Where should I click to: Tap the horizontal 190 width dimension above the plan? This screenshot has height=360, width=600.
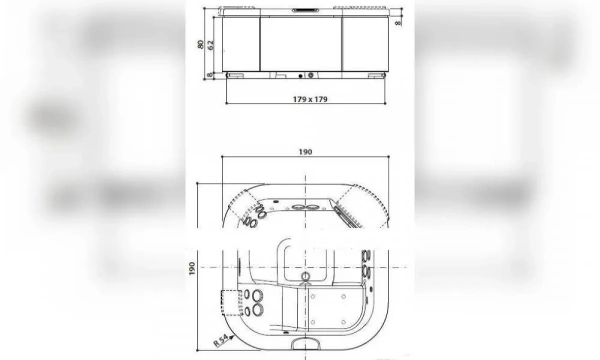(x=305, y=152)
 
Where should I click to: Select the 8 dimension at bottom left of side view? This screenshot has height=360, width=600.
(x=210, y=75)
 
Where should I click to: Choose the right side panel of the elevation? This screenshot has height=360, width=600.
(x=361, y=43)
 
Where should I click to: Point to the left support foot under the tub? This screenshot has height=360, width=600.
(x=234, y=75)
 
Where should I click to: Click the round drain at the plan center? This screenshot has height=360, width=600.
(x=303, y=272)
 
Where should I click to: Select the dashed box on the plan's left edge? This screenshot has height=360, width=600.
(x=229, y=297)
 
